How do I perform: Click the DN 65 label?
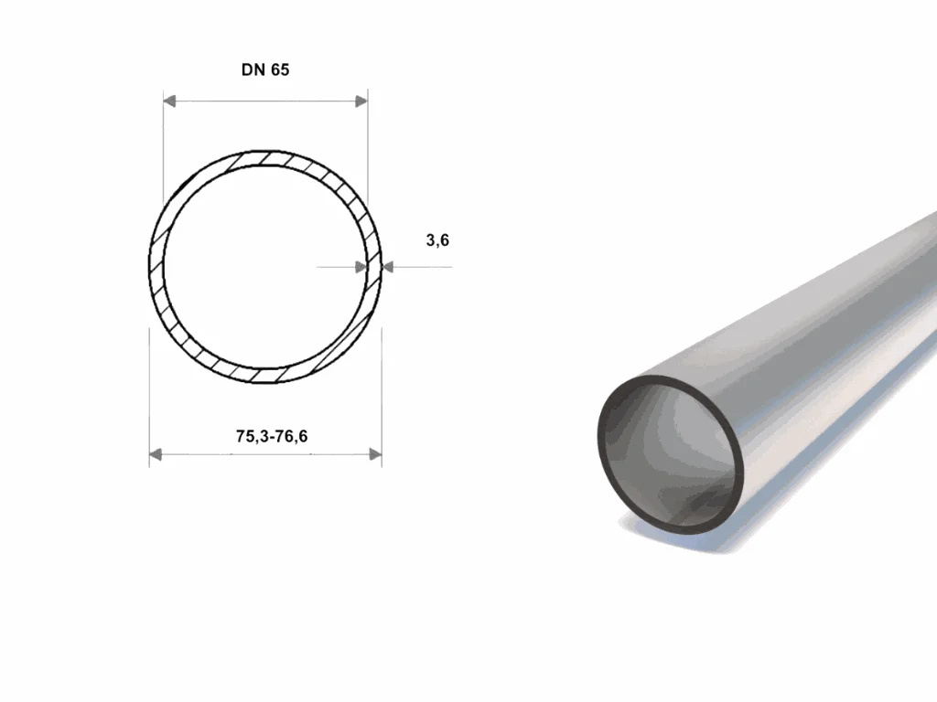point(265,69)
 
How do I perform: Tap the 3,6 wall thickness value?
point(437,240)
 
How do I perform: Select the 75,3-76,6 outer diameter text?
point(272,436)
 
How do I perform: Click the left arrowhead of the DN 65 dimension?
point(169,101)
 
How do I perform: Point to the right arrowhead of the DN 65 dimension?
point(361,101)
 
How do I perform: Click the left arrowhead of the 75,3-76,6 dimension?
point(156,455)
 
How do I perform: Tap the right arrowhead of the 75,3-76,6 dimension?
point(375,455)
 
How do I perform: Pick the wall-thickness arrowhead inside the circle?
point(361,267)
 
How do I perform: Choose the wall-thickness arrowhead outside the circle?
point(387,267)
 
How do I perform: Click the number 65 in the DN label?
point(280,69)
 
